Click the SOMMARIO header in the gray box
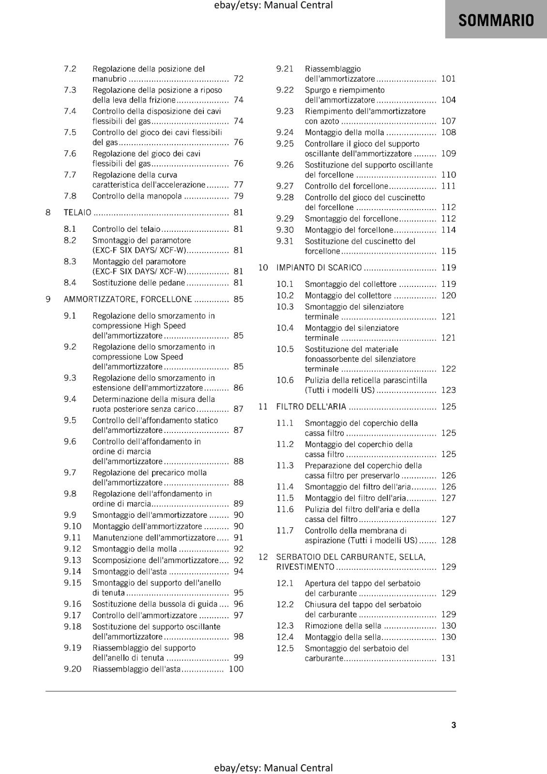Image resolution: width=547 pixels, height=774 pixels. click(496, 20)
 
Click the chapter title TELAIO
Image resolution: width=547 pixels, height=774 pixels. click(77, 212)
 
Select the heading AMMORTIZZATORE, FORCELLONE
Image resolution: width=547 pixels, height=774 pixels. click(128, 299)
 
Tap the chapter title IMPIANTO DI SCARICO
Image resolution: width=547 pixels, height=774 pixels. click(319, 268)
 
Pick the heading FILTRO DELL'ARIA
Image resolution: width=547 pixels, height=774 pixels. click(311, 406)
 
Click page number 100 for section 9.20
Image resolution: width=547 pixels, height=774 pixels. click(236, 669)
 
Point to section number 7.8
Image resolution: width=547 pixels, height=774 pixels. click(70, 196)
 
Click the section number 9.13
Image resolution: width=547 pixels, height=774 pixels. click(73, 560)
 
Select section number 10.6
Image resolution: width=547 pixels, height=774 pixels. click(285, 380)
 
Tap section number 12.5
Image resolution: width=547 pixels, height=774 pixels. click(285, 648)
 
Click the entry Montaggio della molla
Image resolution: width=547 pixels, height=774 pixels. click(345, 133)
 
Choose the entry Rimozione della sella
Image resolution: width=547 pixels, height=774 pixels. click(343, 626)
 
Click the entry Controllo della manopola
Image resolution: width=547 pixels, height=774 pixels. click(137, 196)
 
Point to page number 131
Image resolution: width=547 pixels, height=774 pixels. click(449, 658)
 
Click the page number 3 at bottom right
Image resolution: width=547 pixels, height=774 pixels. click(454, 725)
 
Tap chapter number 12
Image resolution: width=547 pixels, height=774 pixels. click(263, 557)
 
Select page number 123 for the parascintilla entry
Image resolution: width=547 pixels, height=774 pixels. click(449, 390)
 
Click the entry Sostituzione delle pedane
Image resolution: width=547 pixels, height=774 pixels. click(139, 283)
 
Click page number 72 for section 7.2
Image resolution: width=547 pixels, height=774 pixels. click(239, 78)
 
